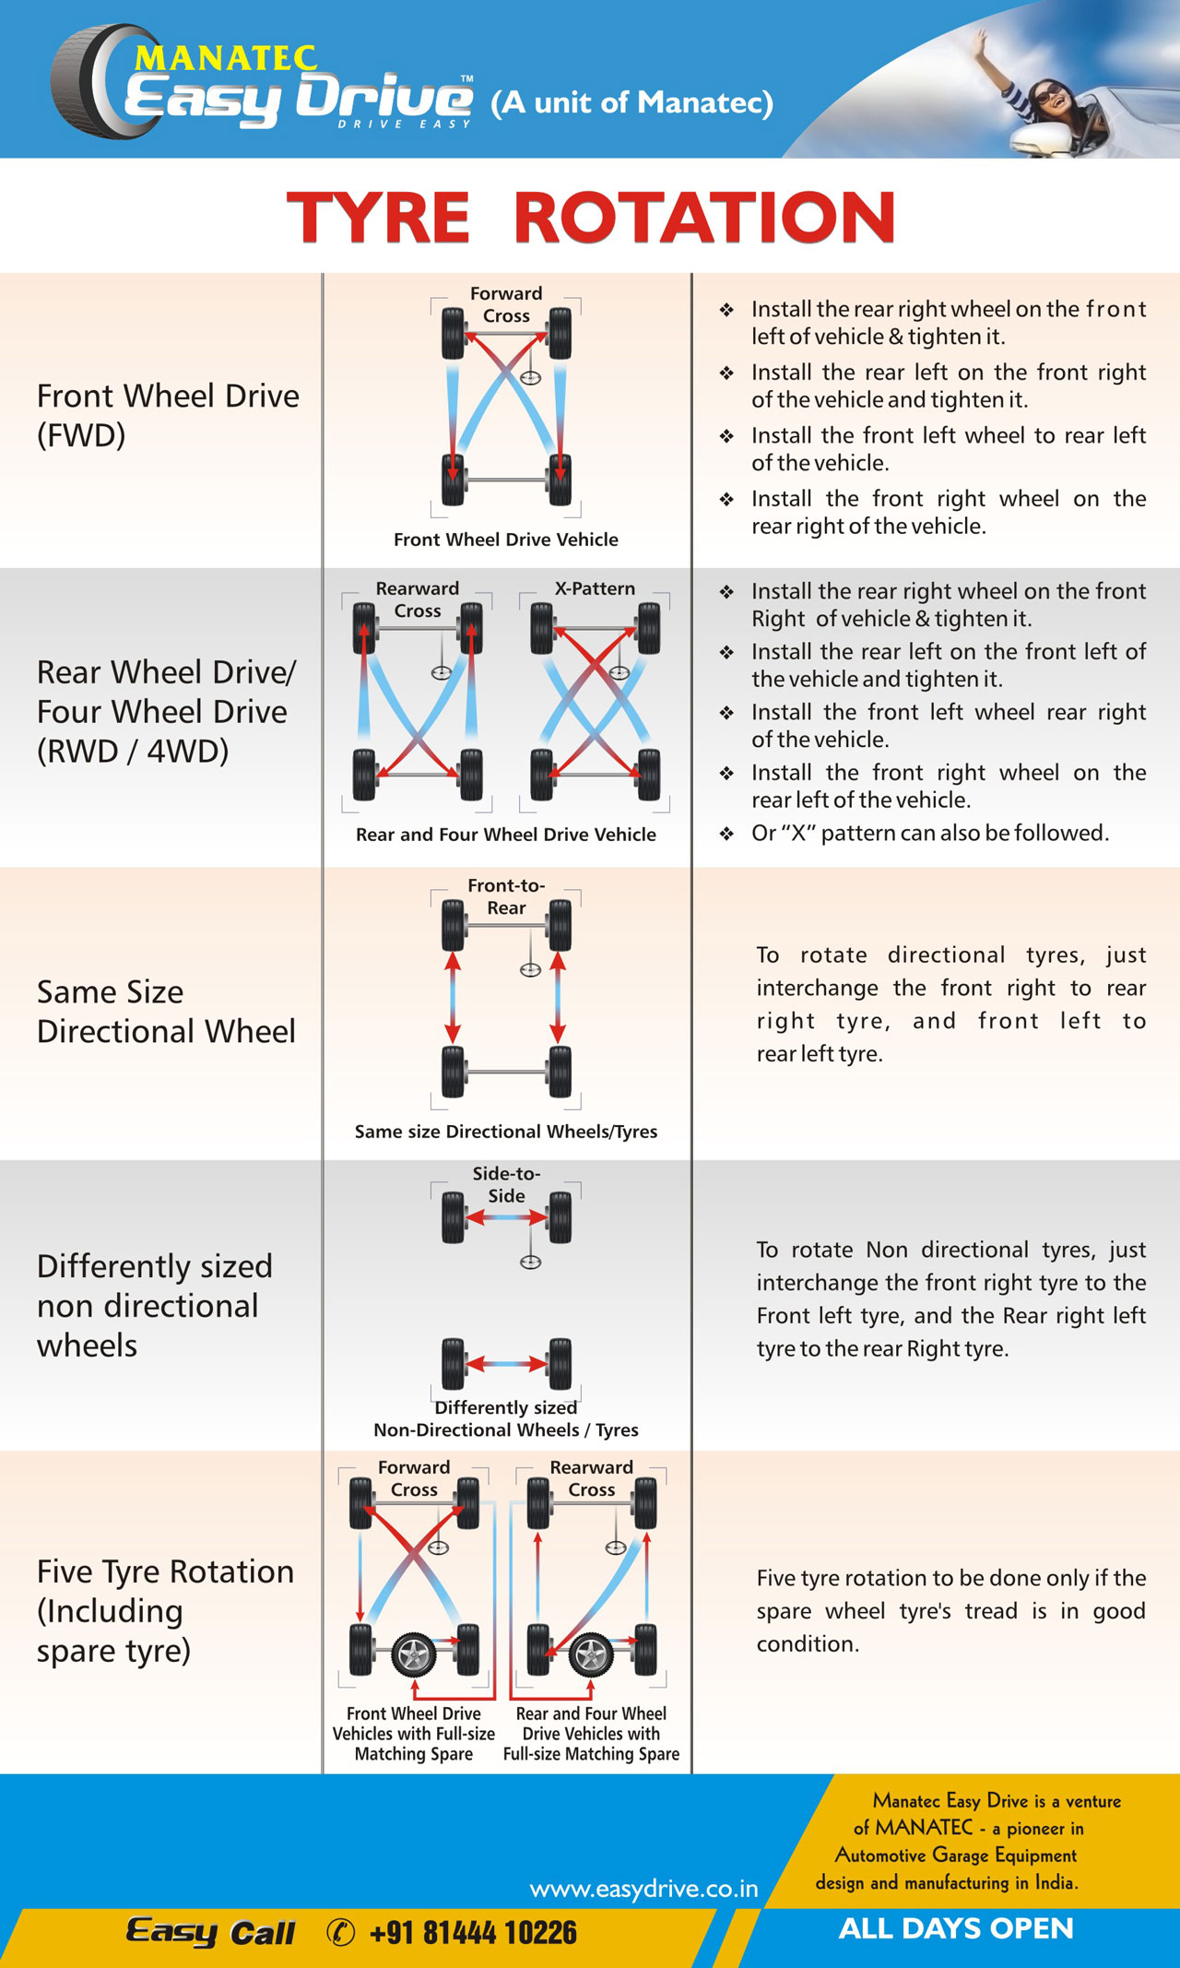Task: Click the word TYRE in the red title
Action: [x=378, y=218]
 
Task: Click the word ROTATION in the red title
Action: [x=704, y=218]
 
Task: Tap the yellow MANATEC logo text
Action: [x=227, y=58]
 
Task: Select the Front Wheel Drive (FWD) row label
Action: [x=168, y=415]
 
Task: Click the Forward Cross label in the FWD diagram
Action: [x=506, y=304]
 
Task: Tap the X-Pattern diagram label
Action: [x=595, y=588]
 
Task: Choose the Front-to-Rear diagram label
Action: [x=506, y=896]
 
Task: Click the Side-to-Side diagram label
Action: [x=506, y=1184]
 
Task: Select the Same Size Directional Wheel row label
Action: [x=166, y=1011]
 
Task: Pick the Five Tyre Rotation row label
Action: [x=165, y=1610]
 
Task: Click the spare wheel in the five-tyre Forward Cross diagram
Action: [x=414, y=1655]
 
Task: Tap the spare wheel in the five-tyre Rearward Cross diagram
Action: [x=591, y=1655]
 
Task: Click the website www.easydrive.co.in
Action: [x=643, y=1889]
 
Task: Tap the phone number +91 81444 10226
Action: [x=473, y=1932]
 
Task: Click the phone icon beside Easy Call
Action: [x=341, y=1932]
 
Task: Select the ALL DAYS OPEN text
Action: [x=956, y=1928]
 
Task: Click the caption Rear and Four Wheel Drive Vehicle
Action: [x=506, y=835]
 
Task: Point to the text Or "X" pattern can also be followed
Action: [x=929, y=833]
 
